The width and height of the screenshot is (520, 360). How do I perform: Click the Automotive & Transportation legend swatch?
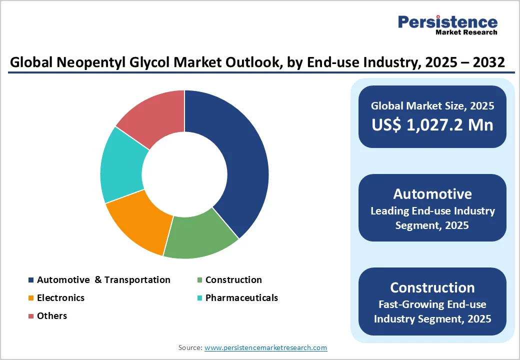(31, 280)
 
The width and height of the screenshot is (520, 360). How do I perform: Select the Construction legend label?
(233, 280)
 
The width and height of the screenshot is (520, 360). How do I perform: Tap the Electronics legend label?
(60, 298)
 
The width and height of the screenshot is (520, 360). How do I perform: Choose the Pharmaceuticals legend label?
(241, 298)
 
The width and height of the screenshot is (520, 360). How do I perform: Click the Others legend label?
(51, 316)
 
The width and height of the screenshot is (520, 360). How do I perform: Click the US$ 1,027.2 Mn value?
(432, 125)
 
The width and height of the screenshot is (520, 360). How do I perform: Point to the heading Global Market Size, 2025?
(432, 106)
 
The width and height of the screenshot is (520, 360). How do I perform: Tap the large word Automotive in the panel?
(432, 194)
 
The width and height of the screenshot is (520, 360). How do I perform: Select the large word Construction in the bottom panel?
(432, 287)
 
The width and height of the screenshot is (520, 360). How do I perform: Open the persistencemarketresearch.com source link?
(265, 347)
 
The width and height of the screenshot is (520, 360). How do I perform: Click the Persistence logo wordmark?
(447, 22)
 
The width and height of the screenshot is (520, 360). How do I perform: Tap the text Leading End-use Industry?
(432, 211)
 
